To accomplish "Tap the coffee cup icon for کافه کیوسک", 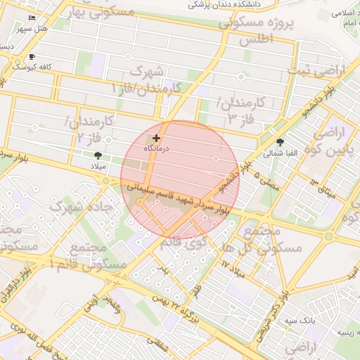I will coord(32,57).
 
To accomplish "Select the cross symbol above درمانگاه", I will coord(156,139).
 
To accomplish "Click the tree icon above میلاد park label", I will coord(97,155).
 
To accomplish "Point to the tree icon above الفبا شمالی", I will coord(281,141).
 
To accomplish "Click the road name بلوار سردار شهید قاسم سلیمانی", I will coord(177,198).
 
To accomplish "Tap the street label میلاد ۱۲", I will coord(235,267).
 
